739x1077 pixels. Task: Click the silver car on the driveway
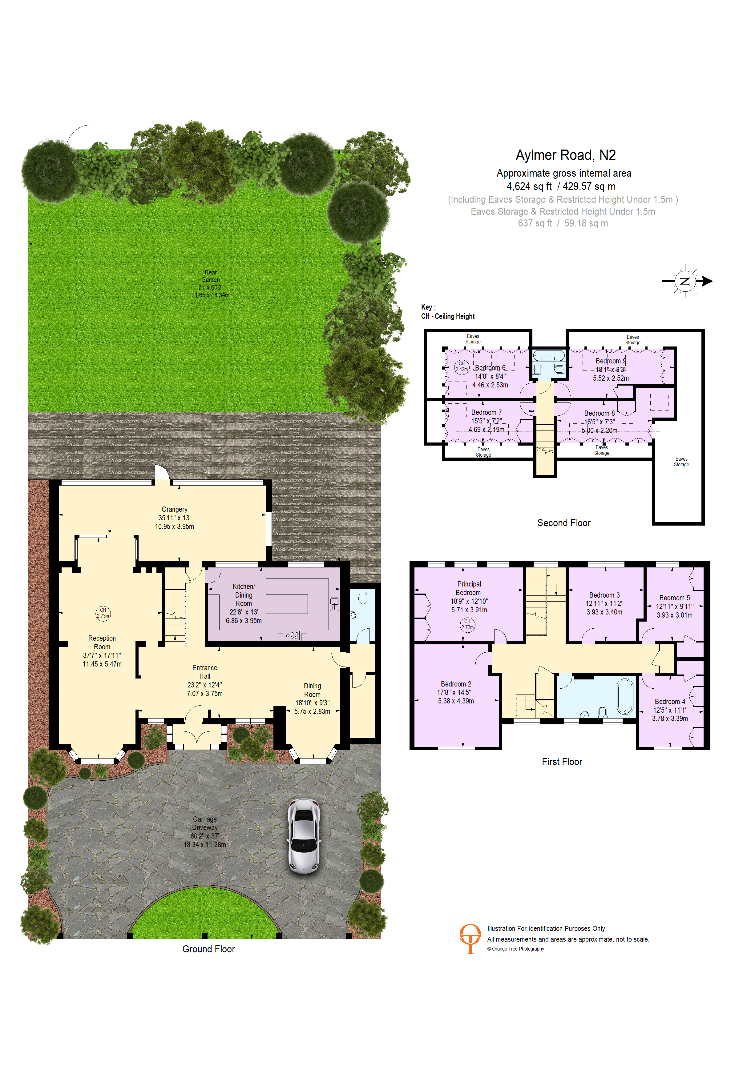(304, 836)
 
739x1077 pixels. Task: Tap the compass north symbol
(685, 281)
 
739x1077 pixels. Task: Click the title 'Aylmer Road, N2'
(566, 155)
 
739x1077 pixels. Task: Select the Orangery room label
(174, 518)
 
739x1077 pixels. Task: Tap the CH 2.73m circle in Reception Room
(103, 613)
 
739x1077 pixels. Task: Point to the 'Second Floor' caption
(564, 523)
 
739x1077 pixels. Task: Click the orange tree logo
(470, 939)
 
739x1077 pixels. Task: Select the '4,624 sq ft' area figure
(529, 186)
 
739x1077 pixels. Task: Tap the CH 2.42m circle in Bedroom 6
(462, 366)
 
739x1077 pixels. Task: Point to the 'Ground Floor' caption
(209, 949)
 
